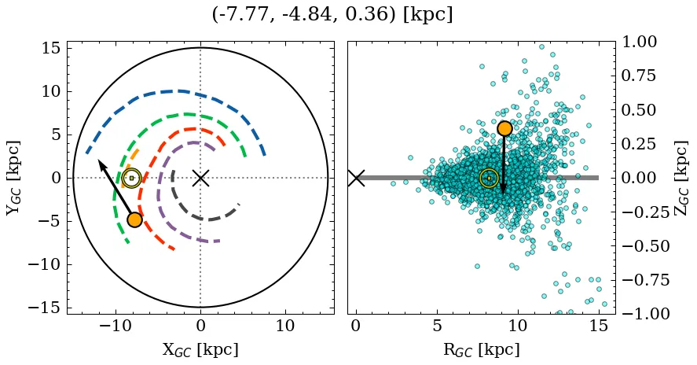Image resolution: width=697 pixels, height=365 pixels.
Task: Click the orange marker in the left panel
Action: tap(134, 219)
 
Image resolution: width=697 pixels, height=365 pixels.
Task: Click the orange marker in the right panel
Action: tap(504, 128)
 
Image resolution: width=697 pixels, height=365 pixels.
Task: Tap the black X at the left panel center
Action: tap(200, 178)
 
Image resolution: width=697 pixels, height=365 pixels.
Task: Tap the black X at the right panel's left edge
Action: tap(356, 178)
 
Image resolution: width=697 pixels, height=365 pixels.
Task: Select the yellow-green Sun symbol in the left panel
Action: tap(132, 178)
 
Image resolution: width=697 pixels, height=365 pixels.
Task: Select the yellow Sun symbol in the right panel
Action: tap(489, 178)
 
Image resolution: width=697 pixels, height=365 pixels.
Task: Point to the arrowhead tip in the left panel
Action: tap(99, 160)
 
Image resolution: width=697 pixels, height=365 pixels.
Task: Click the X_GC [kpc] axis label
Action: tap(200, 349)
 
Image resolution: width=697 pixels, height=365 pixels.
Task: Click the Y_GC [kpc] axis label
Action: tap(13, 178)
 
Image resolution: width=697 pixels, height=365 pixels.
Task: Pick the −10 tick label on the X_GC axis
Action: tap(116, 325)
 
